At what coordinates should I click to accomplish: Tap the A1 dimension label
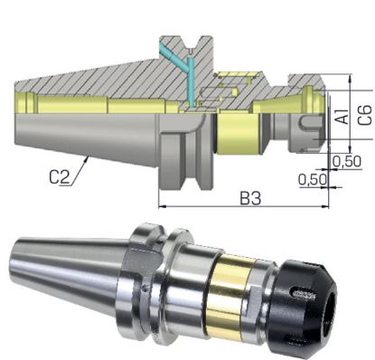click(342, 118)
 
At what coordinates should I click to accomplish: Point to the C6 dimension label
click(364, 114)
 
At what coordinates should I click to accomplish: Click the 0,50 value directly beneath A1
click(347, 160)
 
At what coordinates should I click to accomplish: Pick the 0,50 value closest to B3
click(313, 179)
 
